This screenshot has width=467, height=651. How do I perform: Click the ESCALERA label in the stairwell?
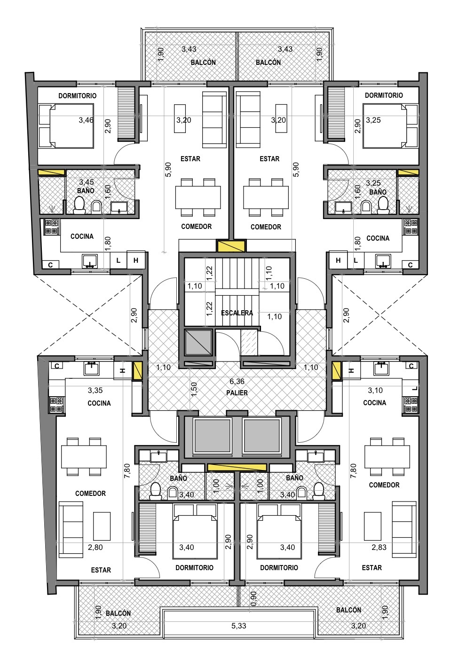(237, 313)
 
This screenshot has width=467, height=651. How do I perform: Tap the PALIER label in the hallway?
(237, 393)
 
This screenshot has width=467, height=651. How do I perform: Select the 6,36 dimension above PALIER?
(237, 381)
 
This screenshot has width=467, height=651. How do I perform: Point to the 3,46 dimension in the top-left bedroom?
(86, 120)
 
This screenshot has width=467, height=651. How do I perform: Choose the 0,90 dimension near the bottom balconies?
(253, 599)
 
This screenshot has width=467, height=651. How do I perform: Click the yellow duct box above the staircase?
(231, 246)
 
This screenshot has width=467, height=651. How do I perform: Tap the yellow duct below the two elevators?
(237, 467)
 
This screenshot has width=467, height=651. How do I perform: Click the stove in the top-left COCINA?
(52, 227)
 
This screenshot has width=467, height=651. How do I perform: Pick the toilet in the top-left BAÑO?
(79, 205)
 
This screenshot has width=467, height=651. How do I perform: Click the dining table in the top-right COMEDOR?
(266, 197)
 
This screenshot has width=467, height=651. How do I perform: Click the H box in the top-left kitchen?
(136, 260)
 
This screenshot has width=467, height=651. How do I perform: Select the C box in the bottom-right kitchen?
(411, 366)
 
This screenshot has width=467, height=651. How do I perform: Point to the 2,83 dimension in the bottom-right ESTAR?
(379, 547)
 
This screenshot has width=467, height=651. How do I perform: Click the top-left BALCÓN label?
(203, 63)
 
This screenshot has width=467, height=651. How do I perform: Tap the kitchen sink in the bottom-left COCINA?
(92, 369)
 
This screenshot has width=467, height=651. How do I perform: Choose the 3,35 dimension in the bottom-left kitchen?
(95, 390)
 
